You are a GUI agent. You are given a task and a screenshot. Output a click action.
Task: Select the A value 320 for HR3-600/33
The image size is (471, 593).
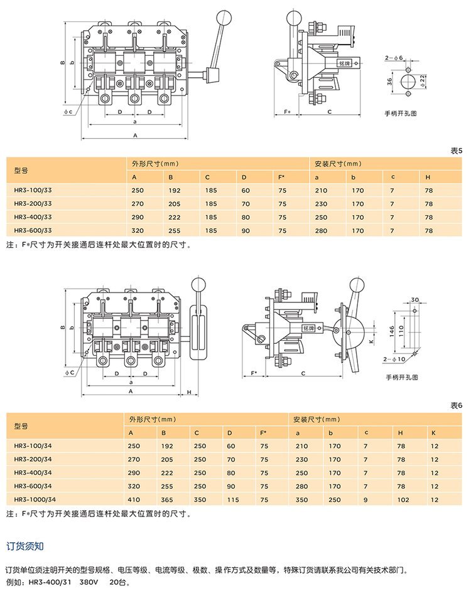[138, 230]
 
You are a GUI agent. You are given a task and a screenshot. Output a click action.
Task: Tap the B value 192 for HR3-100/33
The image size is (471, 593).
[174, 190]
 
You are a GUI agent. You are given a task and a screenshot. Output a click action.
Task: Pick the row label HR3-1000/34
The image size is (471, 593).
[35, 500]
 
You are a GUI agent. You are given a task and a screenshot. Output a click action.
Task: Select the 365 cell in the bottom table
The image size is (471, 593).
[168, 500]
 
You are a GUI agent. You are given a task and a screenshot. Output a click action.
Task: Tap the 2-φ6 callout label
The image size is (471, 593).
[394, 58]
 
